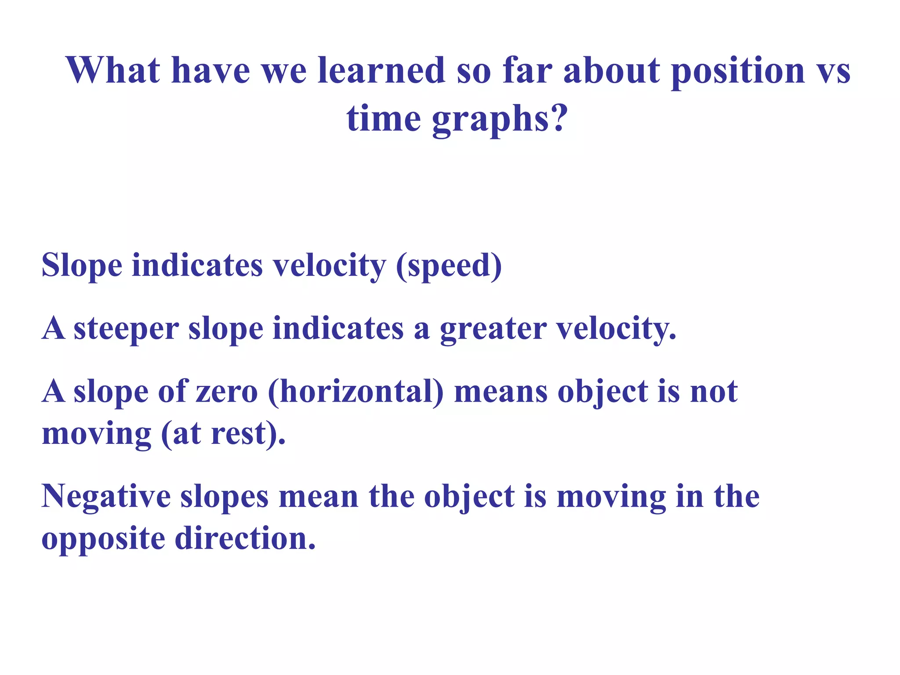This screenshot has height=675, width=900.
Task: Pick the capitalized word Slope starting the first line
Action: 82,266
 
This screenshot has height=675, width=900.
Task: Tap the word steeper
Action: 126,330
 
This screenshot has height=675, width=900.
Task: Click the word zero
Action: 227,392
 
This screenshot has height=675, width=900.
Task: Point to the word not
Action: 714,392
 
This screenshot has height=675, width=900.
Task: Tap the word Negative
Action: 106,497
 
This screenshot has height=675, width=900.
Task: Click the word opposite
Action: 103,540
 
